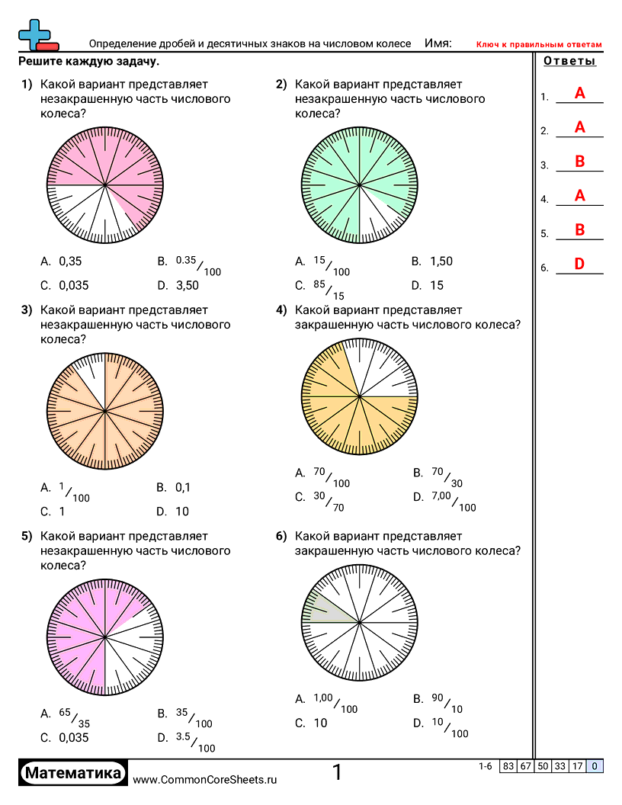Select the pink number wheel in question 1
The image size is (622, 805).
(104, 184)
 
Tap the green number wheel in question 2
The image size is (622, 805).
(359, 184)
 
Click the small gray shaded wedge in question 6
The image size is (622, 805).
(326, 611)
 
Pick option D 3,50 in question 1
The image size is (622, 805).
(184, 286)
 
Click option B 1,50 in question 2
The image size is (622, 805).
(441, 261)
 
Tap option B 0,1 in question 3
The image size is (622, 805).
(182, 488)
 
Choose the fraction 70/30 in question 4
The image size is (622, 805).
(447, 477)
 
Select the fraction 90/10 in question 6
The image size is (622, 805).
(447, 703)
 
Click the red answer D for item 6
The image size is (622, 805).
(579, 265)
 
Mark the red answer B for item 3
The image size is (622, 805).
(579, 162)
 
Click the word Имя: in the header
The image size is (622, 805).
(438, 43)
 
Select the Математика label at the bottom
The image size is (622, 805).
(73, 773)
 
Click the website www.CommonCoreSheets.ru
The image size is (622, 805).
(205, 779)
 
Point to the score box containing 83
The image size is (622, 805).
(508, 767)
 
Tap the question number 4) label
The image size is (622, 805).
(281, 310)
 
